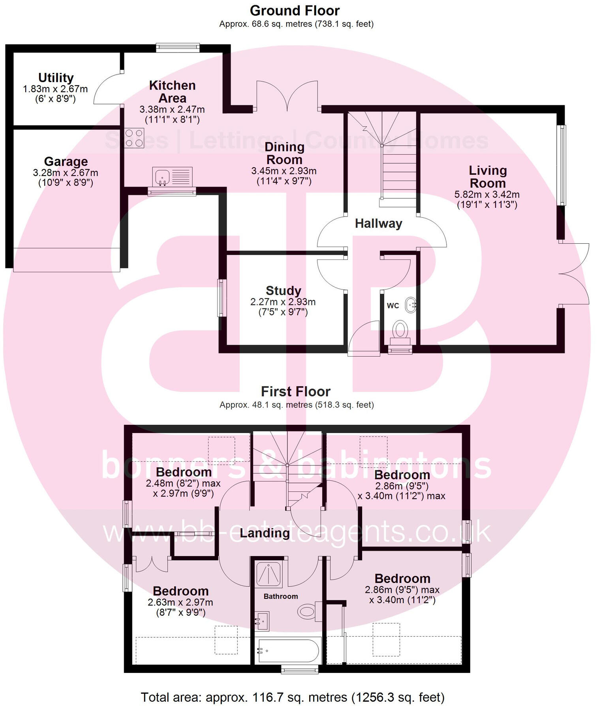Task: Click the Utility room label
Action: coord(56,78)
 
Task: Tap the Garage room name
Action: coord(66,161)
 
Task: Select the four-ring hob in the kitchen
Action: coord(134,138)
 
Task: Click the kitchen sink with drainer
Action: coord(172,176)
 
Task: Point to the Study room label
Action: coord(283,291)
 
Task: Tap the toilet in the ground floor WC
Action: coord(400,331)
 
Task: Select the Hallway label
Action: coord(378,224)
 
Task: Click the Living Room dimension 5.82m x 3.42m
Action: coord(487,194)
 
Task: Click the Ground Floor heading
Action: coord(295,11)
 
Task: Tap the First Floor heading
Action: coord(295,391)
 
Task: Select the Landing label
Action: coord(265,533)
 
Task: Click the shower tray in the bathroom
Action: coord(269,574)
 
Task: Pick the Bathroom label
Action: coord(281,596)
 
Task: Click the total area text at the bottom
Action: coord(293,697)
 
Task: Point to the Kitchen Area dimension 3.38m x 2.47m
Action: coord(172,109)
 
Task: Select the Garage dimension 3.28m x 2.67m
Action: coord(66,173)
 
